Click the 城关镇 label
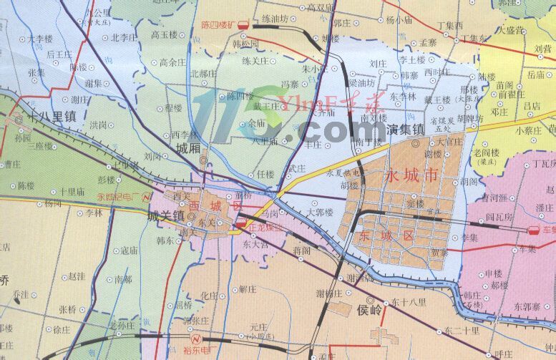coord(166,215)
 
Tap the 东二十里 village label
coord(462,331)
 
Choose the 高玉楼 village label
coord(164,34)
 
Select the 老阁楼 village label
coord(486,152)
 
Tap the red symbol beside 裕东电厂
coord(192,338)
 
